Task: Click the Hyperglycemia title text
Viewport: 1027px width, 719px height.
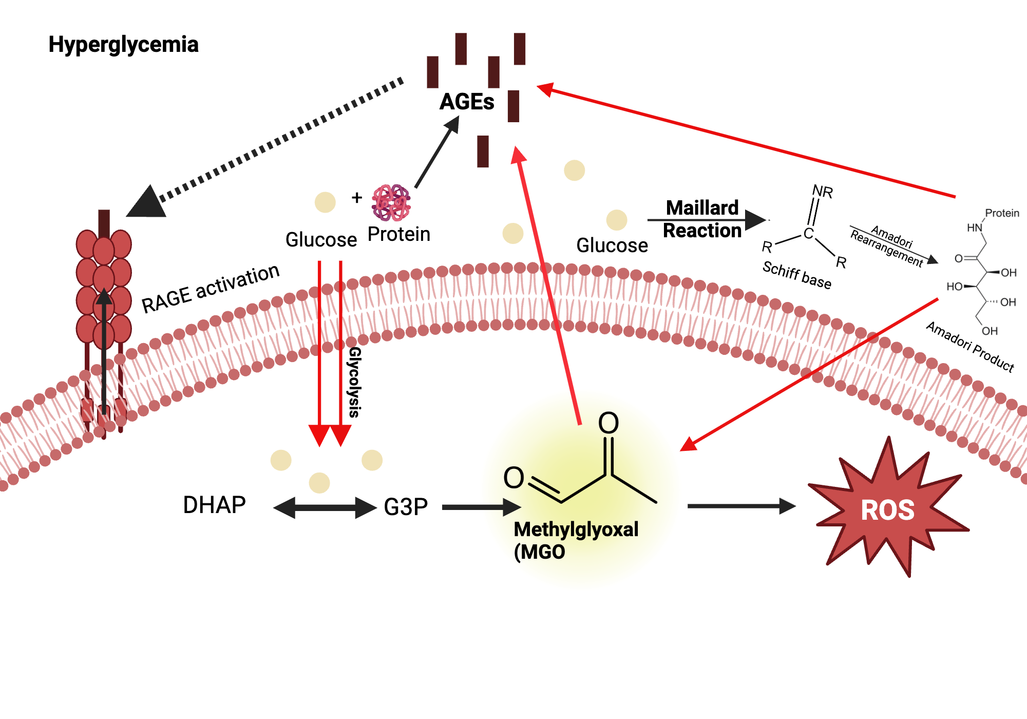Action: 123,45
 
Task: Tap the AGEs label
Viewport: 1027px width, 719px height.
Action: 466,102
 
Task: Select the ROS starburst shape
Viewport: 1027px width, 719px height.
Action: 887,510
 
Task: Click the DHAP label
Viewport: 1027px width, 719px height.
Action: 214,505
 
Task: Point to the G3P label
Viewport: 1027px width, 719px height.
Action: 406,507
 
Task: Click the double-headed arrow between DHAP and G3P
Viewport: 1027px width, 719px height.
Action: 325,508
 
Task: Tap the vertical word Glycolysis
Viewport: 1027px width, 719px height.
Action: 354,382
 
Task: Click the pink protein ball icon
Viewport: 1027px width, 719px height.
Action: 391,203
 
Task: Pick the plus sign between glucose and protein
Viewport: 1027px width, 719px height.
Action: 357,198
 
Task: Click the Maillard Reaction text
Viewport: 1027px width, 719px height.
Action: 702,219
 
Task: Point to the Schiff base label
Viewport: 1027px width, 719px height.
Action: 796,275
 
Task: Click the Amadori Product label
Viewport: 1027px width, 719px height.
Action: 970,347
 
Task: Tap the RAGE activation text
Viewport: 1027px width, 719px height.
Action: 211,289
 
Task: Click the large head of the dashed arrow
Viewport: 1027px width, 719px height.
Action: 147,203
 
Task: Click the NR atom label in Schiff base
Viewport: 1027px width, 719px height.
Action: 822,192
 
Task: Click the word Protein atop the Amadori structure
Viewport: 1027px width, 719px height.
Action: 1002,213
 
